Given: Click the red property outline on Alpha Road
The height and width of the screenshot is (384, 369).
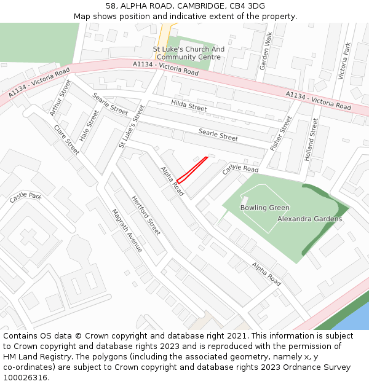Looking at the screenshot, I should tap(192, 170).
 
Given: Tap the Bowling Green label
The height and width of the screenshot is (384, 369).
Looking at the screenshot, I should tap(264, 208).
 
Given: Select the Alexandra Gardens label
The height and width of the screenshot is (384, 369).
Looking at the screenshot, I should tap(309, 219).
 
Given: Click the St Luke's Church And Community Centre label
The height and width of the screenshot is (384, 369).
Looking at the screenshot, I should tap(189, 53).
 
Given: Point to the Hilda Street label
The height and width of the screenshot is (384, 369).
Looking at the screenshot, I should tap(189, 106).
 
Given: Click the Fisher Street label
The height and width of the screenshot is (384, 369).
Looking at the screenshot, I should tap(282, 133).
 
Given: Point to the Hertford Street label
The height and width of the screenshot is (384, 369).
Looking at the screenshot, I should tap(146, 215).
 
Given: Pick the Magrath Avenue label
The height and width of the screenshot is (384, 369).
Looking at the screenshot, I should tap(127, 230).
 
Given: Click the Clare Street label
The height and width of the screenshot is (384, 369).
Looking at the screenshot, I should tap(66, 139).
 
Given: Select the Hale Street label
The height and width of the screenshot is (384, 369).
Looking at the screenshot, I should tap(89, 125).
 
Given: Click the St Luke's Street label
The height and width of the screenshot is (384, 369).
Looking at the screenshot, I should tap(132, 126).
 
